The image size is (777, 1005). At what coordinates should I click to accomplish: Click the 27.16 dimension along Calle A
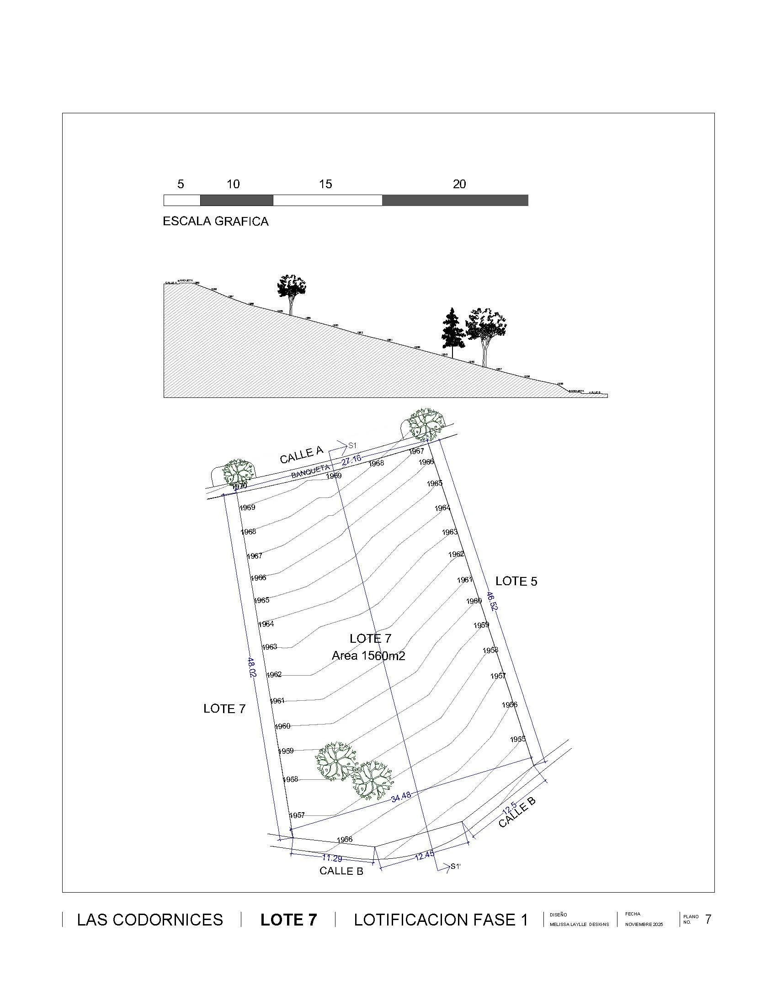351,459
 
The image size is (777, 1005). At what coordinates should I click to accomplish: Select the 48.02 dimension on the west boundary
251,667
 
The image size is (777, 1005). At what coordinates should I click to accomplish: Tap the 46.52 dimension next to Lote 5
492,601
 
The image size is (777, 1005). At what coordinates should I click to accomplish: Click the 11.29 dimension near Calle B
331,858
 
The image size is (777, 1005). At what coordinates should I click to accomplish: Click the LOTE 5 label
516,581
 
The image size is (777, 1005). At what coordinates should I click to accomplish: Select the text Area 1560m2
368,656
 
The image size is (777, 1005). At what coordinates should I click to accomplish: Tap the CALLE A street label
302,455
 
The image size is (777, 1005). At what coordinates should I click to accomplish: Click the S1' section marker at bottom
455,866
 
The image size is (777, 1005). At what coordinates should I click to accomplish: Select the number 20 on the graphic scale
459,184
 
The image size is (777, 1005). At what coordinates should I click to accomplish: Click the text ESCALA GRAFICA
215,222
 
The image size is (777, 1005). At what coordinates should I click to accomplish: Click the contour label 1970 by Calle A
239,486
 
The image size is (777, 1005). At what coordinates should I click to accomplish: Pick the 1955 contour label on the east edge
517,739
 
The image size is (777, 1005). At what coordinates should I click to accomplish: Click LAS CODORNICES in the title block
150,920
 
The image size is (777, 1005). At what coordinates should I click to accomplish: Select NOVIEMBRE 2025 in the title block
644,924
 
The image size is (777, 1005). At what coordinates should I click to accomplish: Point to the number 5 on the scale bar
181,184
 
